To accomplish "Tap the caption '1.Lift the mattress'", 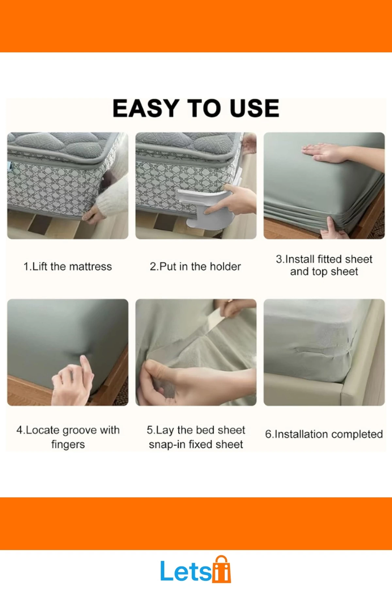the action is coord(68,266).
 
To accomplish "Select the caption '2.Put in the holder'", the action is coord(195,266).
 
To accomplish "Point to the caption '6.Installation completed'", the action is coord(324,434).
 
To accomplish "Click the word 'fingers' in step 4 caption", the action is coord(68,445).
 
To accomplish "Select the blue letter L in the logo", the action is coord(168,571).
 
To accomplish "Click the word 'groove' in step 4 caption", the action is coord(79,430).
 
